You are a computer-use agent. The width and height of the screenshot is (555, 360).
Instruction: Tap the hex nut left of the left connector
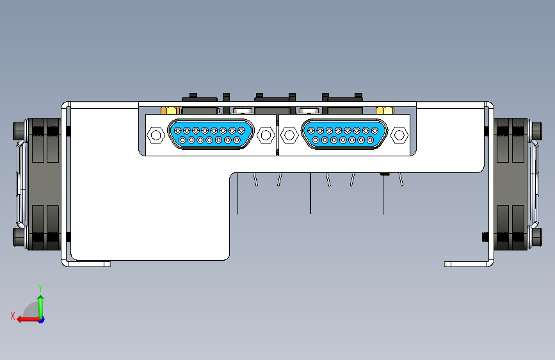tap(156, 135)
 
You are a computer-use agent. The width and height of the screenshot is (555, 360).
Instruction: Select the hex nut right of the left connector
tap(264, 135)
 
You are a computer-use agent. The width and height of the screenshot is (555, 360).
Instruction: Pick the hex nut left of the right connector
tap(289, 135)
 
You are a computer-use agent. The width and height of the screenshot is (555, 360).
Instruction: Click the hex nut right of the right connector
tap(399, 135)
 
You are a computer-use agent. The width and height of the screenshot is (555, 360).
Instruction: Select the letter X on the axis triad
tap(12, 315)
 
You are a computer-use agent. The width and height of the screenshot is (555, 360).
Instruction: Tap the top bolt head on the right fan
tap(536, 131)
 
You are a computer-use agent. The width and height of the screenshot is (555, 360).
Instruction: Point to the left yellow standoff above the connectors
tap(171, 110)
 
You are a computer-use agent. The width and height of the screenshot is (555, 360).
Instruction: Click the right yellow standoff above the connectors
tap(384, 110)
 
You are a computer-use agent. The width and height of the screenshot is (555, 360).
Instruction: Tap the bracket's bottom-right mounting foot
tap(467, 264)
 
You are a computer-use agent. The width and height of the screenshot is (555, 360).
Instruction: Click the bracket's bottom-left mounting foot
tap(90, 263)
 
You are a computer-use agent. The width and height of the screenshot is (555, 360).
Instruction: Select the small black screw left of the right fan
tap(485, 237)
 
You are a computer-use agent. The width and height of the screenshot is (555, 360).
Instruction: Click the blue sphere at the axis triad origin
tap(40, 319)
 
